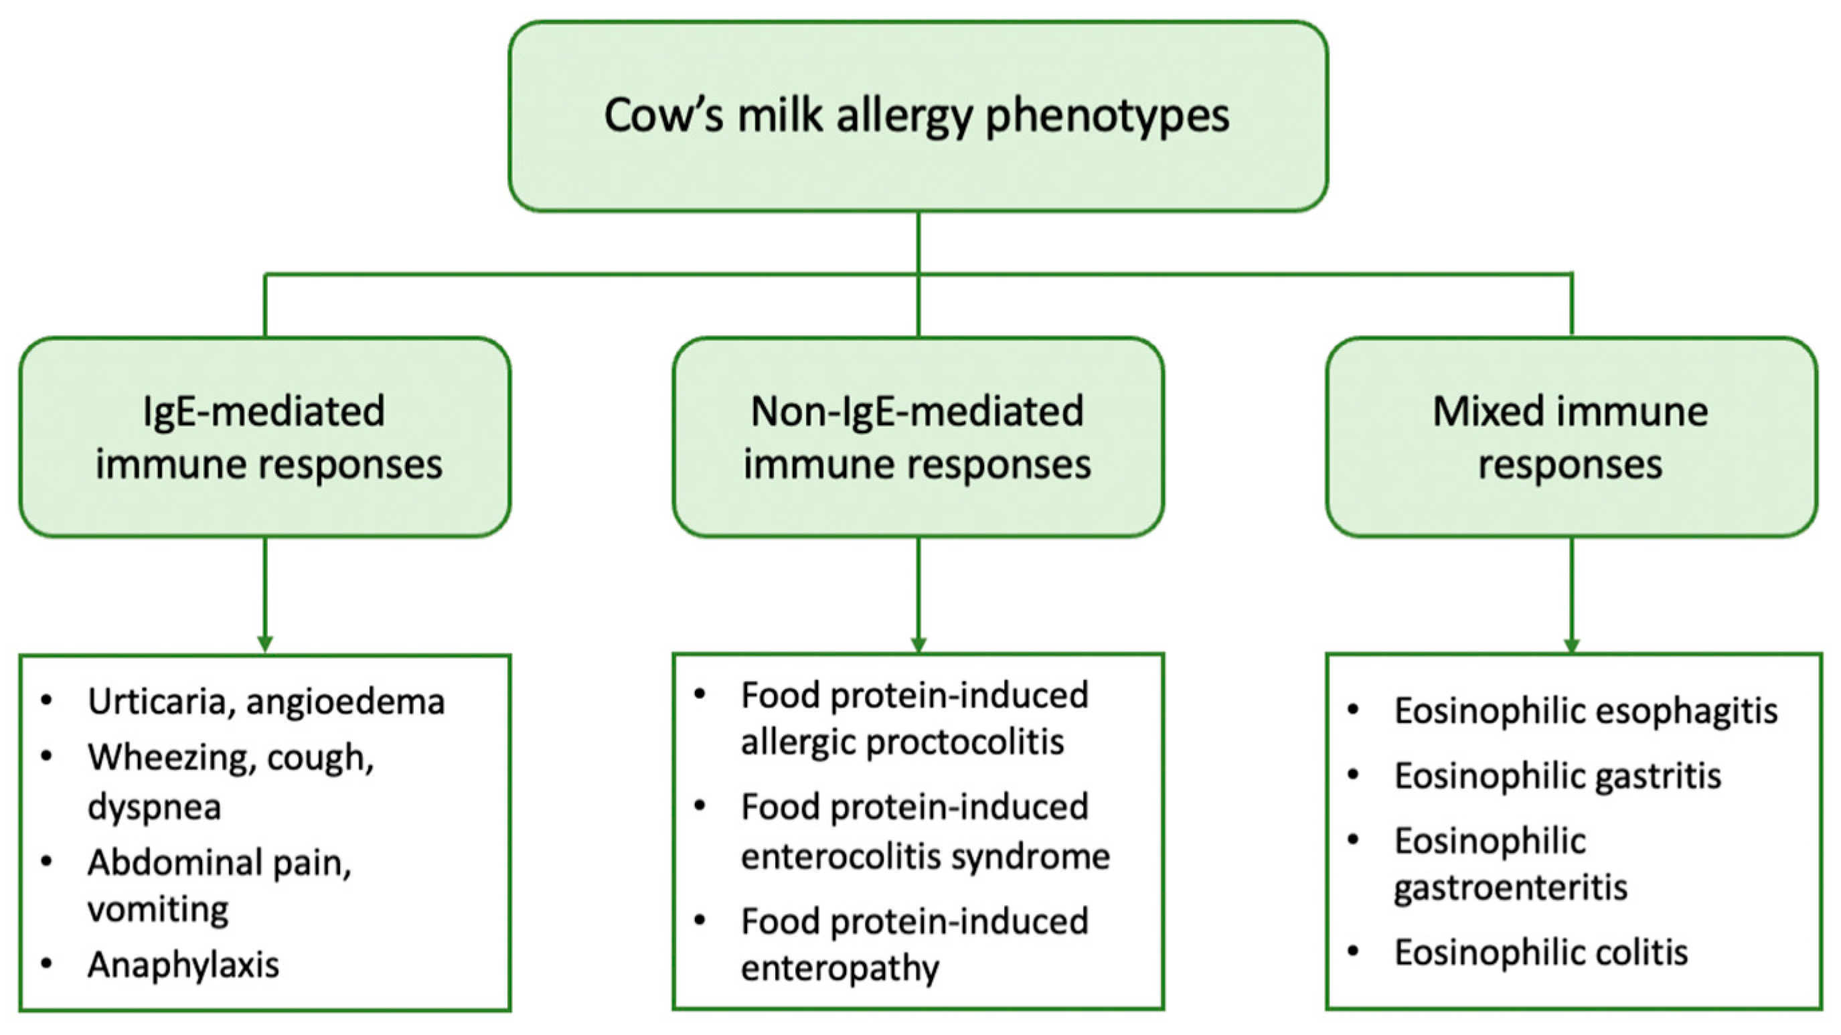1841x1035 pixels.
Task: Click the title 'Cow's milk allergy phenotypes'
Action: pos(917,116)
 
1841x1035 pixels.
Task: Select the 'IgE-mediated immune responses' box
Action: pos(265,436)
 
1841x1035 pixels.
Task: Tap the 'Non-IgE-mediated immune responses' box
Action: pos(918,436)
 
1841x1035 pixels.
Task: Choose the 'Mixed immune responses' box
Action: pos(1572,436)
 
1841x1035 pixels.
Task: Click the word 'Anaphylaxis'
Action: pos(183,965)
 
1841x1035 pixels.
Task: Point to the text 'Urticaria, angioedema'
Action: pos(266,701)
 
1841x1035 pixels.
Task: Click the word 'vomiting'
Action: pos(158,910)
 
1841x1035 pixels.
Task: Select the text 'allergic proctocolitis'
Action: pos(902,742)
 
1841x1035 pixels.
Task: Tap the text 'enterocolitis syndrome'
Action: pos(925,856)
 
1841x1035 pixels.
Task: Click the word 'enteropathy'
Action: pos(839,969)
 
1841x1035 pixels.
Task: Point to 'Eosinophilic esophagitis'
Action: pos(1586,711)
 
